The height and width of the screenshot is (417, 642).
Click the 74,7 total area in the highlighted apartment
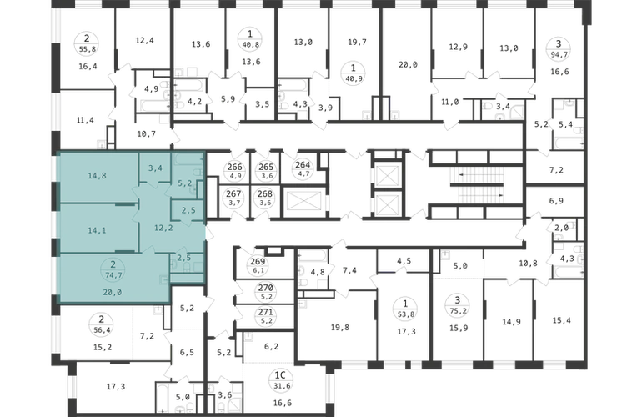[x=113, y=275]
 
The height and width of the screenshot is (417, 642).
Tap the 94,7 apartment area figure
[x=558, y=53]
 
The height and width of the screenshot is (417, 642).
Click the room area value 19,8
[x=340, y=327]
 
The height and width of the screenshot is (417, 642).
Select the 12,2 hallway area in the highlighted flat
[x=163, y=229]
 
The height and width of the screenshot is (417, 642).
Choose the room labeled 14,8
[x=97, y=176]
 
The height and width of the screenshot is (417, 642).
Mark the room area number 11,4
[x=85, y=120]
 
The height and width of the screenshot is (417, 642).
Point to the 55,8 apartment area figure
[x=87, y=49]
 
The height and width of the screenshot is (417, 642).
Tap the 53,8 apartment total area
[x=405, y=314]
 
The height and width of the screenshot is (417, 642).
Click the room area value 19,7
[x=357, y=43]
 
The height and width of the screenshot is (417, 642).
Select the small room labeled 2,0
[x=561, y=228]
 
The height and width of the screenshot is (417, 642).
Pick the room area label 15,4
[x=561, y=320]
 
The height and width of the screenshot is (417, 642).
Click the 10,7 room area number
[x=146, y=133]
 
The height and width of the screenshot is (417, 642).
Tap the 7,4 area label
[x=349, y=270]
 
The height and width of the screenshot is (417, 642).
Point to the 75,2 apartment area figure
[x=459, y=311]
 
